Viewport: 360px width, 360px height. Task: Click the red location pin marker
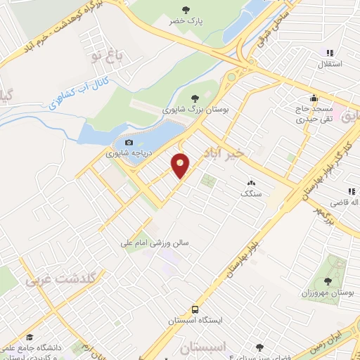click(181, 165)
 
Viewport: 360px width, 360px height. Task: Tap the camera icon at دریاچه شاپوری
click(128, 143)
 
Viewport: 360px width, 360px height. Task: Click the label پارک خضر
click(185, 21)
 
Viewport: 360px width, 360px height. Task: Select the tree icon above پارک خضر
click(185, 9)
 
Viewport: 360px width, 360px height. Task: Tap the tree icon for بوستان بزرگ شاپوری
click(195, 99)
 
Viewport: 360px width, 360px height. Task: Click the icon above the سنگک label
click(250, 183)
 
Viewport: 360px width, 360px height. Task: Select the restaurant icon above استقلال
click(328, 53)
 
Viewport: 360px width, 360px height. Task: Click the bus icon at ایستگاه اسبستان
click(195, 309)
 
